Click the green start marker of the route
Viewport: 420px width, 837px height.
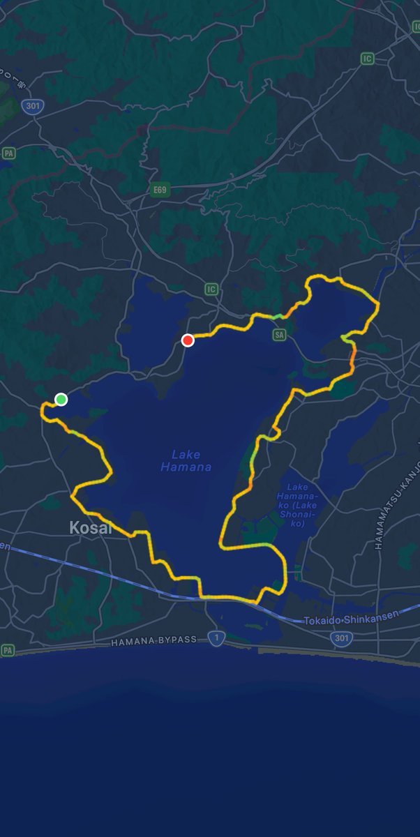(x=61, y=399)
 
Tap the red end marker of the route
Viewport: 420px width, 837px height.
(x=188, y=340)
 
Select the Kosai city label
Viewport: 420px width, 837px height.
(x=91, y=528)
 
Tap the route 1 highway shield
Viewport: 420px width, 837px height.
(x=217, y=638)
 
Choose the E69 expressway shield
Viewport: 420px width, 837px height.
(x=160, y=189)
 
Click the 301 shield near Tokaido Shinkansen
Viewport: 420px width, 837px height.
(x=341, y=637)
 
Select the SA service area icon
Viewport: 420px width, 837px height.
(x=280, y=335)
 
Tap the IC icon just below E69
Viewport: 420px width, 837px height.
(x=211, y=289)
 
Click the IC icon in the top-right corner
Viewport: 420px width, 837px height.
(x=368, y=59)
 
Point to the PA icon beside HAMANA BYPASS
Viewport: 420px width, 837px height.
(x=8, y=650)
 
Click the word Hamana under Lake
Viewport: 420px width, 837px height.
(x=186, y=467)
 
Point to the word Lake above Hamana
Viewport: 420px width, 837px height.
(x=186, y=455)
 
